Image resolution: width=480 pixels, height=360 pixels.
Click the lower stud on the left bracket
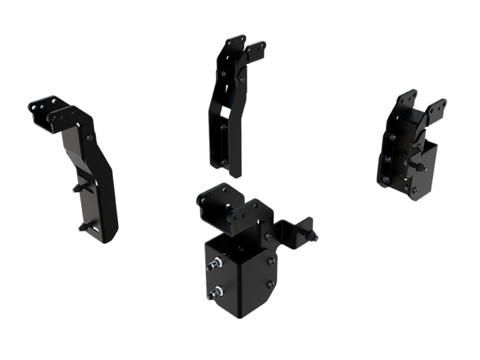(82, 227)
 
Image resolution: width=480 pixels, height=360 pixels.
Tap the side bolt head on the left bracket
(89, 138)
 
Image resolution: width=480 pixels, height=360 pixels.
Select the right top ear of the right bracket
(436, 108)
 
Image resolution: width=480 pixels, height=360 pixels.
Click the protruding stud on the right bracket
(421, 169)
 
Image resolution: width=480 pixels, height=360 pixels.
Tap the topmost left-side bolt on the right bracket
(392, 137)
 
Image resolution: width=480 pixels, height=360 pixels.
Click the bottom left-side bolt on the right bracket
(383, 178)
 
